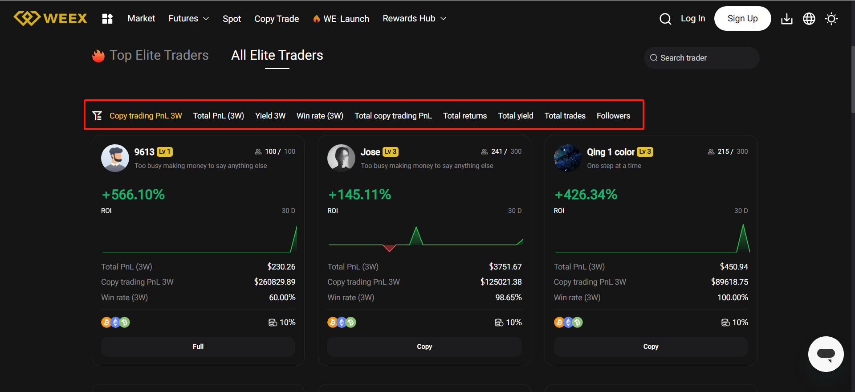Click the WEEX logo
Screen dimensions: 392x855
(x=50, y=18)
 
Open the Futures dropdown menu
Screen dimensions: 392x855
(x=188, y=18)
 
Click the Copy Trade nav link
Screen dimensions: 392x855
(x=277, y=19)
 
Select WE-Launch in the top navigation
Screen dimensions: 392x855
(x=341, y=19)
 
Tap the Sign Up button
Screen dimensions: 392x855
(x=742, y=18)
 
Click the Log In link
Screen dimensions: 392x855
(x=692, y=18)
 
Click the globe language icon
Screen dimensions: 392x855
(x=809, y=19)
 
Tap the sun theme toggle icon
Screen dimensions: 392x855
(x=831, y=19)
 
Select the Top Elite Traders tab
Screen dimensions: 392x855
(x=159, y=55)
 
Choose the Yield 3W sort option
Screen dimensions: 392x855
(x=270, y=116)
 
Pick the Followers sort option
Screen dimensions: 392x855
(x=613, y=116)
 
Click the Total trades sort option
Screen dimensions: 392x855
(x=565, y=116)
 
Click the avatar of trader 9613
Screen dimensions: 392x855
(x=115, y=158)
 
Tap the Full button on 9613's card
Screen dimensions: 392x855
(x=198, y=347)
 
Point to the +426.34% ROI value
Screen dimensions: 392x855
(x=586, y=195)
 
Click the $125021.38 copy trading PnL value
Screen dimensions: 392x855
(x=501, y=282)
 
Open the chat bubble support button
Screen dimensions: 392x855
(x=826, y=354)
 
